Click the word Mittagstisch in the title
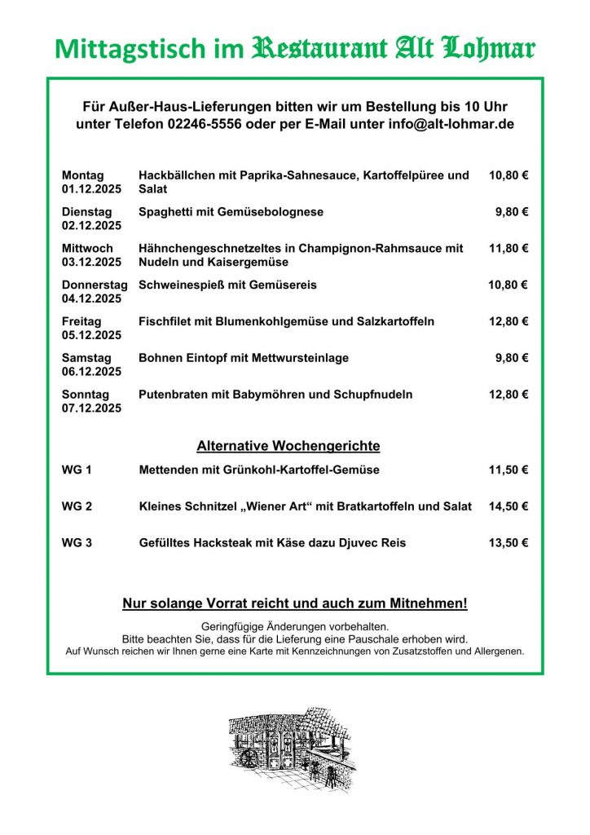pyautogui.click(x=119, y=49)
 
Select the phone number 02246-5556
pyautogui.click(x=206, y=124)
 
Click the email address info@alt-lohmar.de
pyautogui.click(x=440, y=124)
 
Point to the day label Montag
pyautogui.click(x=82, y=175)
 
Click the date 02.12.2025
pyautogui.click(x=91, y=226)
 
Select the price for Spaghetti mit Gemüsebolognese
pyautogui.click(x=512, y=212)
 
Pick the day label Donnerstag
pyautogui.click(x=95, y=285)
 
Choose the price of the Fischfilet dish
pyautogui.click(x=509, y=321)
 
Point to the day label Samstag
pyautogui.click(x=86, y=358)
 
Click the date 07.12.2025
pyautogui.click(x=91, y=409)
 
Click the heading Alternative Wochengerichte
pyautogui.click(x=288, y=446)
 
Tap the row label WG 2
pyautogui.click(x=77, y=506)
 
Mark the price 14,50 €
pyautogui.click(x=509, y=506)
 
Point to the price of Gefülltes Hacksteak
pyautogui.click(x=509, y=543)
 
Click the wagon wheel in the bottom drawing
pyautogui.click(x=249, y=758)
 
